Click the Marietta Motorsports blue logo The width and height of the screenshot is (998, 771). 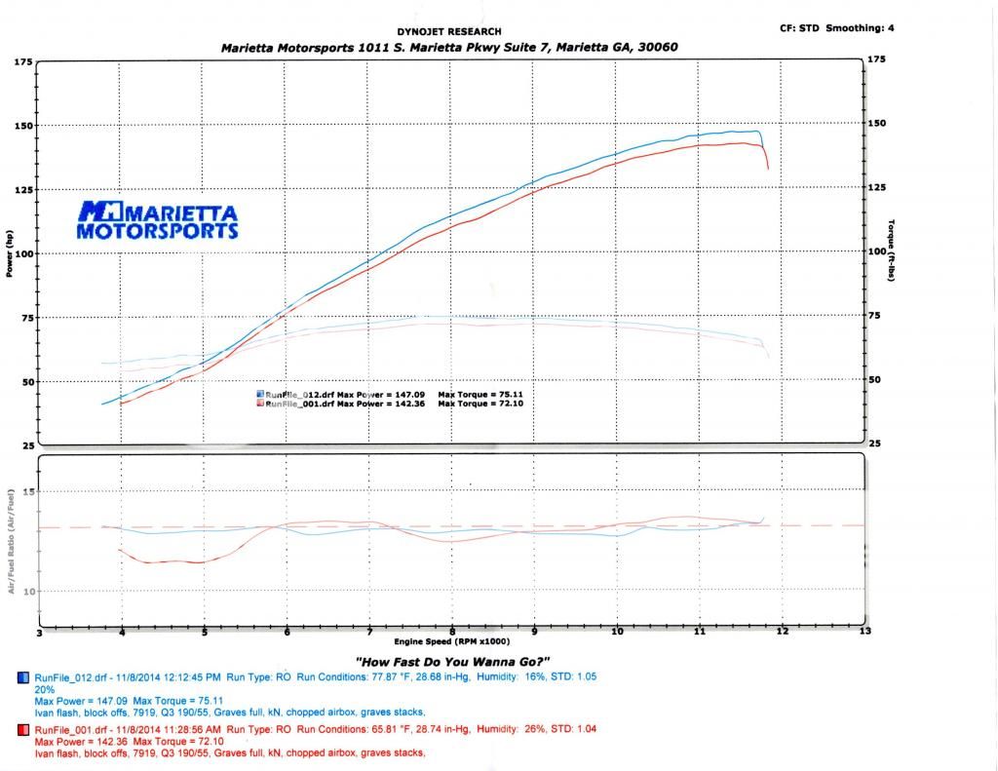pyautogui.click(x=157, y=220)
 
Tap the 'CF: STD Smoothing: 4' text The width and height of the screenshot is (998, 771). pyautogui.click(x=836, y=28)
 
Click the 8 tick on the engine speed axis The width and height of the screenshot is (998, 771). pyautogui.click(x=452, y=632)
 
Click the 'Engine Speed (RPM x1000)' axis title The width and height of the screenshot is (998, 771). pyautogui.click(x=449, y=642)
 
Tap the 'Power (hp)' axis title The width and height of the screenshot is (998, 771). pyautogui.click(x=10, y=253)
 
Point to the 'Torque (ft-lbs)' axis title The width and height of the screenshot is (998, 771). pyautogui.click(x=892, y=254)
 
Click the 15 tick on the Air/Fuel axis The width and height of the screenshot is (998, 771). pyautogui.click(x=26, y=491)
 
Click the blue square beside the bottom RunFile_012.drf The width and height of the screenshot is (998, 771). pyautogui.click(x=23, y=677)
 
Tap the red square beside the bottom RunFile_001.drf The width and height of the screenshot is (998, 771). pyautogui.click(x=23, y=729)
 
